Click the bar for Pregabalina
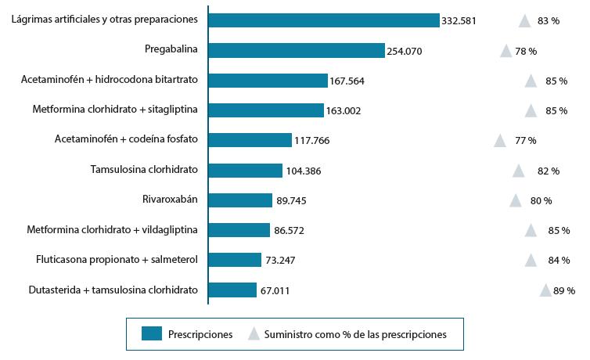coord(297,50)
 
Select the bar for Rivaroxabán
coord(240,200)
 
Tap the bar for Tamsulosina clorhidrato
coord(245,170)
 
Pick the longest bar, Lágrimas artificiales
coord(324,20)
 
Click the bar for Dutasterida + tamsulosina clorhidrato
coord(232,290)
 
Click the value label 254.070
coord(405,51)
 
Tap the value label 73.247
coord(280,260)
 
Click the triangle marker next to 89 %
coord(545,290)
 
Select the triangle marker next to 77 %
coord(499,141)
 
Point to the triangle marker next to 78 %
coord(506,51)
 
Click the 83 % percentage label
coord(549,21)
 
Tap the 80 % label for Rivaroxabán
coord(541,200)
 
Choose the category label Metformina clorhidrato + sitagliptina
coord(115,110)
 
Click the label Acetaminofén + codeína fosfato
coord(126,139)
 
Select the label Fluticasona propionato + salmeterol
coord(117,259)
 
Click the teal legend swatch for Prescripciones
coord(152,334)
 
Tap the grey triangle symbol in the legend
coord(254,334)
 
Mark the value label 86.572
coord(291,230)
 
